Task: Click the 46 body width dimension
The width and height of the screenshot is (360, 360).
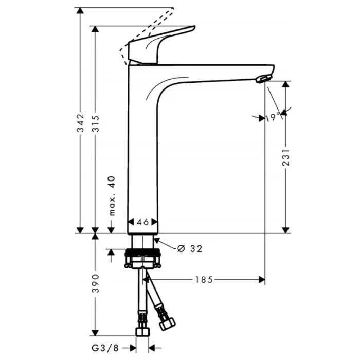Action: click(x=142, y=222)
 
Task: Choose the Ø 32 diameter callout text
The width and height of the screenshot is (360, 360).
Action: click(x=189, y=249)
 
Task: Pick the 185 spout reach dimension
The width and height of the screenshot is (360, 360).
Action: click(x=204, y=280)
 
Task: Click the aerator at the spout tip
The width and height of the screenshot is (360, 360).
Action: click(x=262, y=78)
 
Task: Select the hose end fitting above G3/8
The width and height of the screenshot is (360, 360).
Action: click(x=142, y=331)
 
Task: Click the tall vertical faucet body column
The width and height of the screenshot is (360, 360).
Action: click(x=142, y=154)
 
